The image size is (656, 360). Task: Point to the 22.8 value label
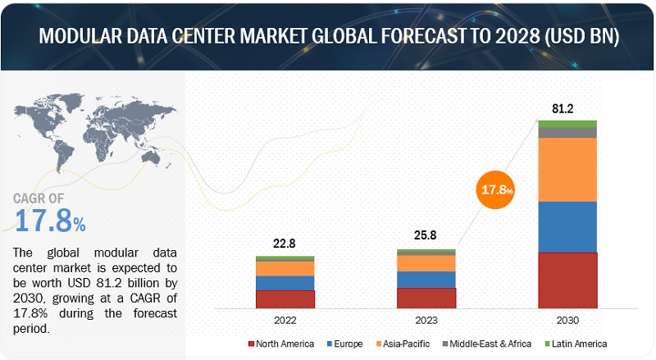click(285, 243)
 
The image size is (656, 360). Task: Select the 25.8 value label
click(426, 235)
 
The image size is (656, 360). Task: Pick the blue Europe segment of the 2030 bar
click(567, 227)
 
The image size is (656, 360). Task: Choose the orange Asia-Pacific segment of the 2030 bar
click(567, 169)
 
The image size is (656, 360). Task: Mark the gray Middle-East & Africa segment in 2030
click(567, 132)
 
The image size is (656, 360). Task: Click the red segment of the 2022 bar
click(285, 299)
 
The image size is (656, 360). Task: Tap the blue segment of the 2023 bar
click(426, 279)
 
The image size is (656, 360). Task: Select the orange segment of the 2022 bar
click(285, 268)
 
